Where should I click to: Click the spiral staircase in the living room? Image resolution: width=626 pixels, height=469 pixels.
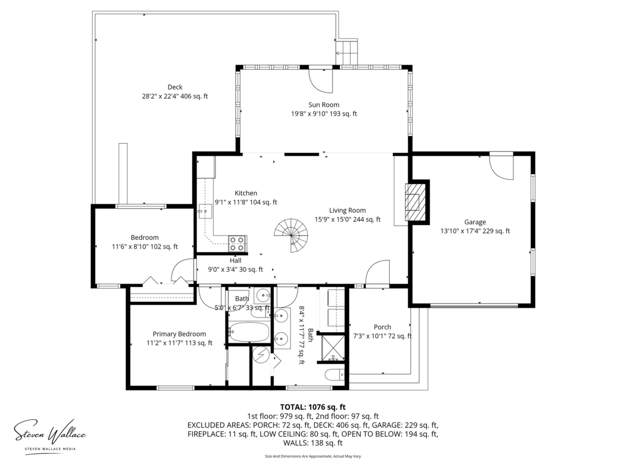point(291,235)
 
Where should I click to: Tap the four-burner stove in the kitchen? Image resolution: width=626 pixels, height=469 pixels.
point(237,244)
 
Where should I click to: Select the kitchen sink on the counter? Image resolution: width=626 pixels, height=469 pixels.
point(205,211)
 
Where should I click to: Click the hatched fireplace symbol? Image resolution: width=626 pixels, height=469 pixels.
point(415,202)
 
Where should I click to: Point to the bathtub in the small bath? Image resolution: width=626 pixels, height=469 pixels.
point(249,332)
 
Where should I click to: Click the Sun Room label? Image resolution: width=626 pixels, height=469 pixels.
point(324,105)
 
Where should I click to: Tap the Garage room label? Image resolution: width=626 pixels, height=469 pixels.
point(475,222)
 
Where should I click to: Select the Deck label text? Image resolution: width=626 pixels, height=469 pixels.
point(175,87)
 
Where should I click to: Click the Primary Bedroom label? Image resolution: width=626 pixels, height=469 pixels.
point(179,334)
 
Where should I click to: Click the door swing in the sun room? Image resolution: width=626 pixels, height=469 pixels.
point(321,81)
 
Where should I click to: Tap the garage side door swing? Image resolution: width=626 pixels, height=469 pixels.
point(501,168)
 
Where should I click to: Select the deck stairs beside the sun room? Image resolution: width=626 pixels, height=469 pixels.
point(346,53)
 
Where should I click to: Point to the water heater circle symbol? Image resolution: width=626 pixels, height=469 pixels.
point(261,355)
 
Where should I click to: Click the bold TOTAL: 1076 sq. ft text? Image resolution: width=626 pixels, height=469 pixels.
point(313,407)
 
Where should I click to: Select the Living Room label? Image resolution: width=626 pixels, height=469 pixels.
point(347,211)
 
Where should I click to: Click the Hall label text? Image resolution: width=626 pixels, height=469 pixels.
point(235,260)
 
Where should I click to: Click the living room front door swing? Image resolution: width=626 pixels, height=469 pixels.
point(377,272)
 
